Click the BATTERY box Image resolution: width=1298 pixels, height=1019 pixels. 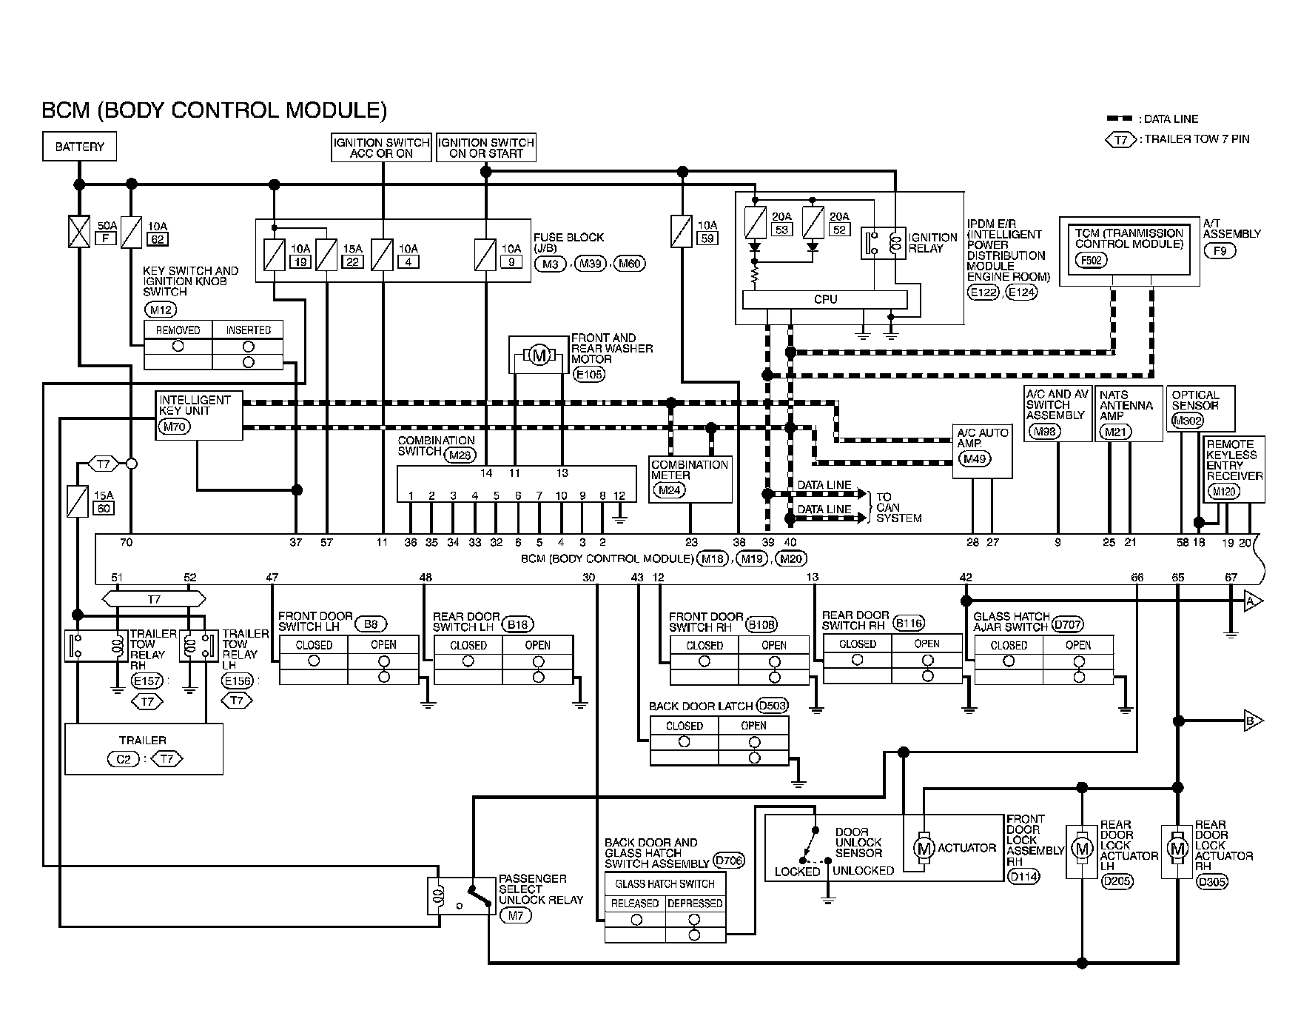(x=79, y=147)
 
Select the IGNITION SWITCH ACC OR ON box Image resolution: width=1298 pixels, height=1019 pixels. (x=382, y=148)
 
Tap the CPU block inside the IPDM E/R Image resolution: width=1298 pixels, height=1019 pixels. (x=824, y=299)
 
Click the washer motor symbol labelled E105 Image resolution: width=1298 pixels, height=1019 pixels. (x=539, y=356)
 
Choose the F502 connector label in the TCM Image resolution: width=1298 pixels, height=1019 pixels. (x=1090, y=260)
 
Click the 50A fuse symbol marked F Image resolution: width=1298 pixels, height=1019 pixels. (x=79, y=232)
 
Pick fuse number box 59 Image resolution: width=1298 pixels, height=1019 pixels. (x=707, y=238)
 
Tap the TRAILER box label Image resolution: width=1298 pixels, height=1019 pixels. (x=143, y=740)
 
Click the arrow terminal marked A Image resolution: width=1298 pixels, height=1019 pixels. (x=1253, y=601)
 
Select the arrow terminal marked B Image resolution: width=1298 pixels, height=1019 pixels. (x=1253, y=719)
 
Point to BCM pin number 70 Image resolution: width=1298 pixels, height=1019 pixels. (x=126, y=543)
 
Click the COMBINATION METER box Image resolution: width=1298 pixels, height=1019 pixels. (x=690, y=478)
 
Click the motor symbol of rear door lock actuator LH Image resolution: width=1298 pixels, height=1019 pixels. (x=1082, y=848)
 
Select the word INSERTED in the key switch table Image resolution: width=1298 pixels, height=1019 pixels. (x=248, y=330)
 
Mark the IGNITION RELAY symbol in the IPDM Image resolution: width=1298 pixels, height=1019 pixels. (x=884, y=243)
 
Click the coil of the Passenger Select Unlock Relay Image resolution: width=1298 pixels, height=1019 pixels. (x=437, y=897)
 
